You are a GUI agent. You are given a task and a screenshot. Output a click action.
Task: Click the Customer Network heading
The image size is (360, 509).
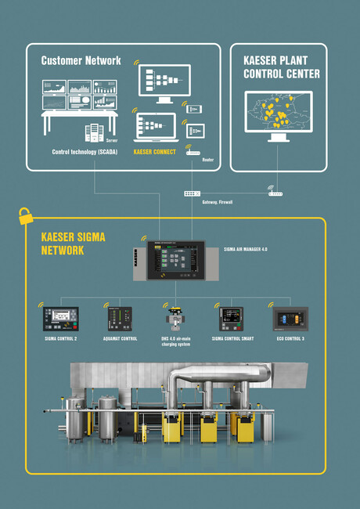[x=81, y=60]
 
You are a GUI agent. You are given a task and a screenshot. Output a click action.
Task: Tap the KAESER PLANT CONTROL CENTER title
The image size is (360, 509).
[x=280, y=67]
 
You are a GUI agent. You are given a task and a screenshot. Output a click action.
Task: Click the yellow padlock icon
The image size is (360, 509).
[x=26, y=213]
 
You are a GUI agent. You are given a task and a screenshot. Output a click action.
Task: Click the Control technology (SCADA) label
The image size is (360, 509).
[x=85, y=152]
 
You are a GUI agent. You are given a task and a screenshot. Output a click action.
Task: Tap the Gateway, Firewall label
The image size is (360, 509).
[x=217, y=201]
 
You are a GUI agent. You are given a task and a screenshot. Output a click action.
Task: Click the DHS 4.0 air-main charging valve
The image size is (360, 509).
[x=173, y=318]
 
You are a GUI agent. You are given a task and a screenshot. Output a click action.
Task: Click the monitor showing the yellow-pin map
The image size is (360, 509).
[x=279, y=114]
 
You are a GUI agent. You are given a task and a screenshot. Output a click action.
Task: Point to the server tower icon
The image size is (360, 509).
[x=93, y=132]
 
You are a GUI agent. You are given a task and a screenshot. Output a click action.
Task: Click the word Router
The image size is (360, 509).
[x=208, y=159]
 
